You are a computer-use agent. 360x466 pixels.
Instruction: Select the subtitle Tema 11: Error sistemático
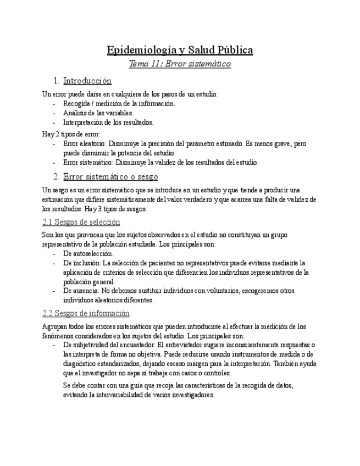pyautogui.click(x=180, y=64)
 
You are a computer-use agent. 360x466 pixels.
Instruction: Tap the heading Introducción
pyautogui.click(x=87, y=81)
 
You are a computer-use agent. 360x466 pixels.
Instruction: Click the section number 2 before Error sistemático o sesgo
pyautogui.click(x=56, y=176)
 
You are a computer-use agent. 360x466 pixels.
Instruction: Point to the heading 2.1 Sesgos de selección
pyautogui.click(x=81, y=222)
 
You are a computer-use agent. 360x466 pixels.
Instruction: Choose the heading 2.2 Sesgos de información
pyautogui.click(x=86, y=313)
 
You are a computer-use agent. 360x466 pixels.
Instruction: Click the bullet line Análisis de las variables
pyautogui.click(x=90, y=113)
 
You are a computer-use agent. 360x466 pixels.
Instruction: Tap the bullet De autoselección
pyautogui.click(x=88, y=253)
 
